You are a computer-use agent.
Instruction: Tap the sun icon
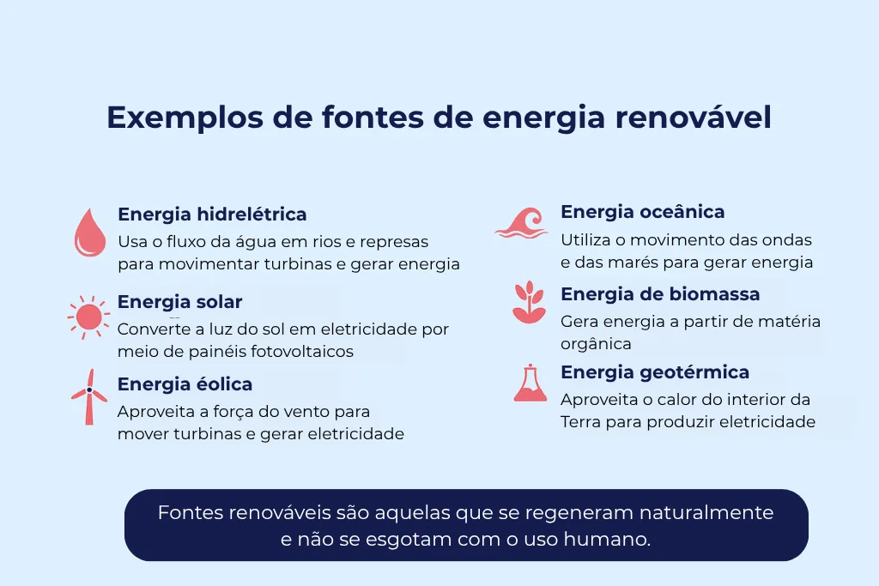(88, 317)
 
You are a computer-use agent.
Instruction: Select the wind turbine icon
(88, 396)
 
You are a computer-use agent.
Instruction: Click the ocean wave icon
(521, 223)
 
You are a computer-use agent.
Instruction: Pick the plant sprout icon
(529, 302)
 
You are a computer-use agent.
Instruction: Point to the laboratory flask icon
(530, 384)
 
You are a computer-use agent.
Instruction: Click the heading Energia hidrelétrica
(212, 214)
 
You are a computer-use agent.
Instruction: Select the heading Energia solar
(179, 302)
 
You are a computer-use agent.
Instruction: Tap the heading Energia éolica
(185, 384)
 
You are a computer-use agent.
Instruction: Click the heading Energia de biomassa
(660, 294)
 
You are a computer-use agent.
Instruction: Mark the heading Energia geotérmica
(655, 372)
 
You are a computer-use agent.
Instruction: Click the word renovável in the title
(694, 118)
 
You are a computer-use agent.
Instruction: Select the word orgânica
(596, 344)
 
